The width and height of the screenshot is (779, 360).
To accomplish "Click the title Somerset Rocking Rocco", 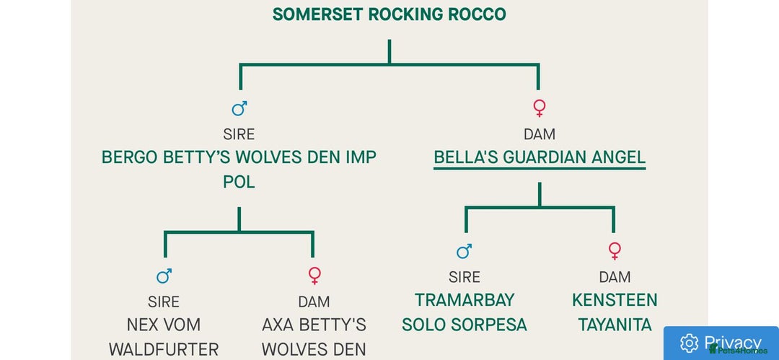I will (x=389, y=14).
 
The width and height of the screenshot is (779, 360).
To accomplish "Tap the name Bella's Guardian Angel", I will (x=539, y=157).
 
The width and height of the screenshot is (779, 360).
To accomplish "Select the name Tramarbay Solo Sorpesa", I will (x=465, y=312).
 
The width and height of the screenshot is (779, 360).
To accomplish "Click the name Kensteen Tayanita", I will (x=615, y=312).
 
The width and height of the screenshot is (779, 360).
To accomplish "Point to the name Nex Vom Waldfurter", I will (x=164, y=337).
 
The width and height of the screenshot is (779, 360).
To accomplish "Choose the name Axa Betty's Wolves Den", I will (x=314, y=337).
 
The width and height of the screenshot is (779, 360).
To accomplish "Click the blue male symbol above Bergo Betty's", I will (x=239, y=108).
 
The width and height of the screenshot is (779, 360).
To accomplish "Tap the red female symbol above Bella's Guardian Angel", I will (x=539, y=108).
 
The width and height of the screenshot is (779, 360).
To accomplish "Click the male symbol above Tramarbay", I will (x=465, y=251).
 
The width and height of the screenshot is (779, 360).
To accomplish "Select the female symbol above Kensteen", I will (x=615, y=251).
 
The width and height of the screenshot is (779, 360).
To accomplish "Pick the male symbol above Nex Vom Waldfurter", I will (x=164, y=276).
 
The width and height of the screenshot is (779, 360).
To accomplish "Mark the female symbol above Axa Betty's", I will (x=314, y=276).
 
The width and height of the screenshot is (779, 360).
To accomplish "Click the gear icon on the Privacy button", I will (x=689, y=343).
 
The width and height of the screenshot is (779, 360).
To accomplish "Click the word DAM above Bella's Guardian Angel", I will (x=539, y=134).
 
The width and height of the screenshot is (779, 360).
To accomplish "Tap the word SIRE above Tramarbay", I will (x=465, y=277).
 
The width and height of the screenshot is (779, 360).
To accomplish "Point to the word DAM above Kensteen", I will (x=615, y=277).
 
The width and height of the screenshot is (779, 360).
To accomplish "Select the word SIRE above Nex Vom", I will (x=164, y=302).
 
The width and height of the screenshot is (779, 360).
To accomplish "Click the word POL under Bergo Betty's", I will (x=239, y=183).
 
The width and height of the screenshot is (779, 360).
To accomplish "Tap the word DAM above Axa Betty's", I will (x=314, y=302).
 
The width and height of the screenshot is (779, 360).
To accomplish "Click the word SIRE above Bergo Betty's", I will (x=239, y=134).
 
